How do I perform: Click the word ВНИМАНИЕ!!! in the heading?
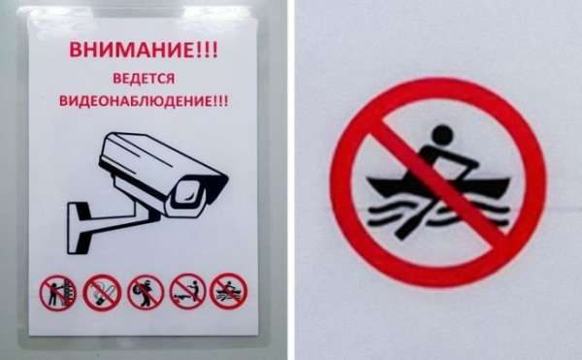pos(144,49)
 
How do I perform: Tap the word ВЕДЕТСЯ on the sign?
pos(144,79)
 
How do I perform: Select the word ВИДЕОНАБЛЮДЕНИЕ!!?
pos(144,101)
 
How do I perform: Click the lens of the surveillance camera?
pos(189,193)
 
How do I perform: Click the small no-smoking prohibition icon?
pos(102,293)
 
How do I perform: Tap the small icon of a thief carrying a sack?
pos(145,293)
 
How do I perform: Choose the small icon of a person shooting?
pos(188,292)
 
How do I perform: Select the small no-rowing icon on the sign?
pos(228,291)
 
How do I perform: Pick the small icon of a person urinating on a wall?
pos(58,293)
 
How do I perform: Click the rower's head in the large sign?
pos(443,135)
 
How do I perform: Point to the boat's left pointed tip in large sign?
pos(369,179)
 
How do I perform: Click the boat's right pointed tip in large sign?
pos(508,180)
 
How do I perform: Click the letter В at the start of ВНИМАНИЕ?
pos(76,50)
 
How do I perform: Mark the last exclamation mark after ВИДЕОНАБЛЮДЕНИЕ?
pos(226,101)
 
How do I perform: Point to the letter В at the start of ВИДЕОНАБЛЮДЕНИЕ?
pos(63,101)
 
